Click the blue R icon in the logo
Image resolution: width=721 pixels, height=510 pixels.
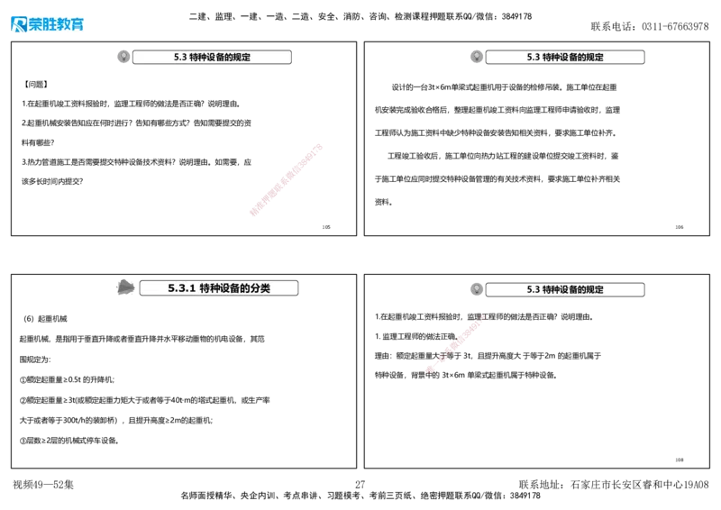point(18,24)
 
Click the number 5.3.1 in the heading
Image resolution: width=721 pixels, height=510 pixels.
point(182,288)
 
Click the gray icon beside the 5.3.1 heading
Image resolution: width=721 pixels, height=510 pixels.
point(126,287)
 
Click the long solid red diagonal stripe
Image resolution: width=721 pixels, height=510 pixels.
point(285,179)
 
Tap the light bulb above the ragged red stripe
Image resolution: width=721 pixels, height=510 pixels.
point(476,289)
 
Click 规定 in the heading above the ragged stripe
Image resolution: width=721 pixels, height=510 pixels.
point(593,290)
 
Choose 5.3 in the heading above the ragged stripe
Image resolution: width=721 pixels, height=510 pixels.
point(533,290)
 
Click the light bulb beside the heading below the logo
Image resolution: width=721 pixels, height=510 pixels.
point(123,57)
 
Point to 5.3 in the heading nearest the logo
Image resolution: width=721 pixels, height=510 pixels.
point(179,58)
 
